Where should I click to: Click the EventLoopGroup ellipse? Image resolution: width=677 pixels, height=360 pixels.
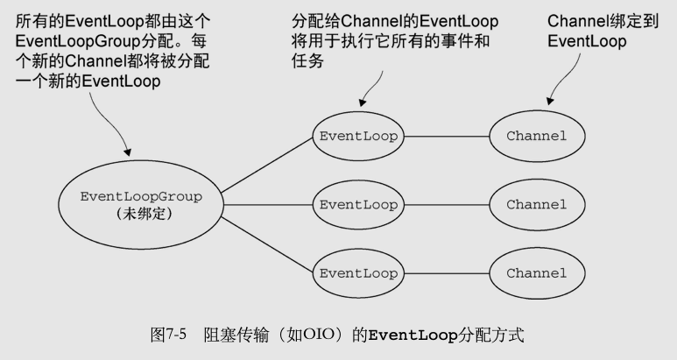tap(140, 203)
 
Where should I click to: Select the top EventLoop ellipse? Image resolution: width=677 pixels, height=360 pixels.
tap(358, 136)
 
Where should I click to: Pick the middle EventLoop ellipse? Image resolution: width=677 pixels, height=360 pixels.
tap(358, 204)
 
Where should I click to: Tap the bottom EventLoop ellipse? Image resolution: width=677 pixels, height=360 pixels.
tap(358, 272)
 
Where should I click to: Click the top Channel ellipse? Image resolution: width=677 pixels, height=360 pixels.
tap(536, 136)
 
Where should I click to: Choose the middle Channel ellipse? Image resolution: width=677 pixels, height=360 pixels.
tap(536, 204)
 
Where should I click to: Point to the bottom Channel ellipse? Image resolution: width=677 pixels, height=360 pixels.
tap(536, 272)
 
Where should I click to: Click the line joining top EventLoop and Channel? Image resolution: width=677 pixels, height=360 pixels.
tap(447, 136)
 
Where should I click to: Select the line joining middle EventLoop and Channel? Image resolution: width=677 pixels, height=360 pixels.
tap(447, 204)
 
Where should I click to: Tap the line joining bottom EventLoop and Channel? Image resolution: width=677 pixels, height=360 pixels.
tap(447, 272)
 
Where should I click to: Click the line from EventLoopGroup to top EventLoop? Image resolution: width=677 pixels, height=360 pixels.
tap(267, 162)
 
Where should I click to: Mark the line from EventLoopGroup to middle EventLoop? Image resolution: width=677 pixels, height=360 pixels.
tap(267, 204)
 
